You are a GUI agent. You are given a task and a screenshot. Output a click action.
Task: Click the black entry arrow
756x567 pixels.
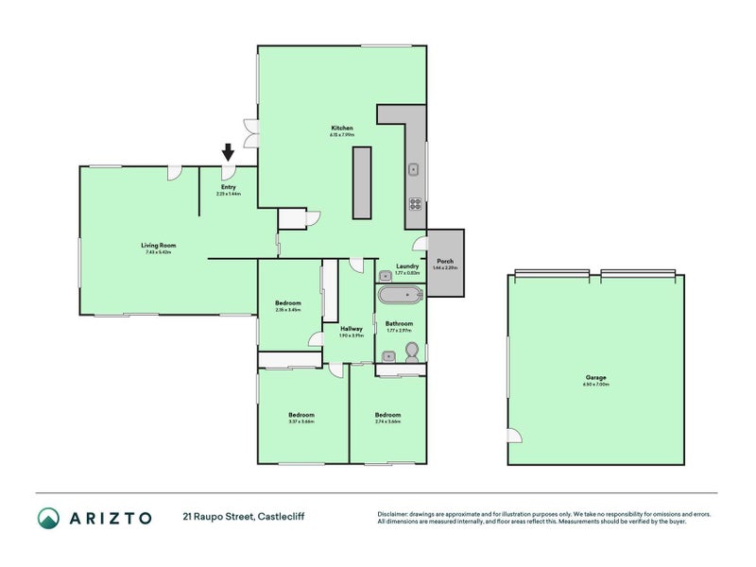[x=227, y=151]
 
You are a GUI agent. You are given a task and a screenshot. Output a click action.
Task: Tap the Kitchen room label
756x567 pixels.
[x=342, y=128]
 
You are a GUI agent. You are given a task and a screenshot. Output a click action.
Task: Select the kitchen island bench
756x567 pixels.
[x=362, y=183]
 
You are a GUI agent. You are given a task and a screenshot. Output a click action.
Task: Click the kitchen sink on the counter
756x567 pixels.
[x=414, y=170]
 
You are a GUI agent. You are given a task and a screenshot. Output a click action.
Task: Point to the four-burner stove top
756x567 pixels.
[x=414, y=203]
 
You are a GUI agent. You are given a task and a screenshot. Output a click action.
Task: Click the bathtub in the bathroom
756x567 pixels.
[x=400, y=297]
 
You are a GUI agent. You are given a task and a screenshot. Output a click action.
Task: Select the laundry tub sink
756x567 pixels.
[x=386, y=275]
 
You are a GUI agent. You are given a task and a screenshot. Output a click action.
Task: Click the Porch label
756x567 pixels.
[x=445, y=261]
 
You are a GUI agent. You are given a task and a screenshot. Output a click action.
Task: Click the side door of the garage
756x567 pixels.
[x=513, y=435]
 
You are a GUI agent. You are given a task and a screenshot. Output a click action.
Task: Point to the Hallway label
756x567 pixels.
[x=351, y=329]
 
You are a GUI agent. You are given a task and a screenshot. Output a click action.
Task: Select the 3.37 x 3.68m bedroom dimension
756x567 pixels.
[x=301, y=421]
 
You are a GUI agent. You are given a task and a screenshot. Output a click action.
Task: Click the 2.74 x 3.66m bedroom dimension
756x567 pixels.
[x=387, y=421]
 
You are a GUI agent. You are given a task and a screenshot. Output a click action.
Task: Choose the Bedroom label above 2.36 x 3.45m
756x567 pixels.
[x=287, y=302]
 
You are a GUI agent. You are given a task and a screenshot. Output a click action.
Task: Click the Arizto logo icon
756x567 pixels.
[x=49, y=517]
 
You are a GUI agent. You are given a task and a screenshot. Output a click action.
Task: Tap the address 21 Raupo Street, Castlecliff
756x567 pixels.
[x=244, y=517]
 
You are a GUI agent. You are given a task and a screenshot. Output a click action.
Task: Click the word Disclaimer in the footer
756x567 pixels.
[x=396, y=513]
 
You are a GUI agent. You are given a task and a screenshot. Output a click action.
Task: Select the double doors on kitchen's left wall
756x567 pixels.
[x=250, y=133]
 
